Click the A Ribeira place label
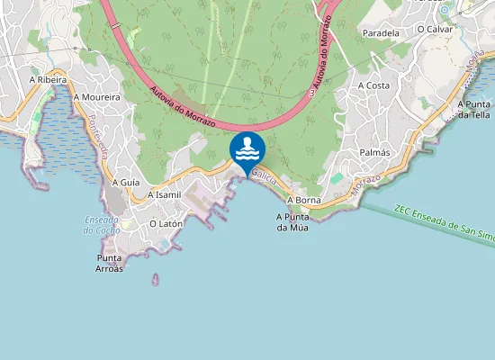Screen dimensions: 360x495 [49, 79]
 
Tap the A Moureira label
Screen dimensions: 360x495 [97, 96]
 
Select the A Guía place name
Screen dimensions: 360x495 [126, 182]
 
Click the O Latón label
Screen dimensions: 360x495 [166, 223]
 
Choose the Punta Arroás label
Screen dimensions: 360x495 [110, 262]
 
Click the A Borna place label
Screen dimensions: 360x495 [304, 200]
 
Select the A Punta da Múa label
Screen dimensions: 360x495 [293, 221]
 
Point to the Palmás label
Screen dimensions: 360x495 [374, 152]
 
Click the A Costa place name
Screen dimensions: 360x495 [373, 85]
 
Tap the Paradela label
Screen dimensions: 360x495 [381, 32]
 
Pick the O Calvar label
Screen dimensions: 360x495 [435, 29]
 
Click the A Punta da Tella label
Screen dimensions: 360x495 [472, 109]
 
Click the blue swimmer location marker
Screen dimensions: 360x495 [247, 150]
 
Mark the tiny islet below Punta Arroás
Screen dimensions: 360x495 [155, 280]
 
